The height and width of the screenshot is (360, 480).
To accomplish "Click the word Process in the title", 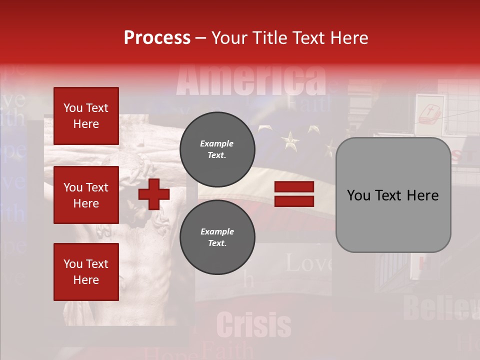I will pyautogui.click(x=157, y=37).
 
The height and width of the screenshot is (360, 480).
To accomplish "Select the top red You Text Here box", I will pyautogui.click(x=86, y=116).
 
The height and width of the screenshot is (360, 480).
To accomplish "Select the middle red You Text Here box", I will pyautogui.click(x=86, y=195).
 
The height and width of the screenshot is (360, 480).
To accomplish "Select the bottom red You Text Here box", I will pyautogui.click(x=86, y=271).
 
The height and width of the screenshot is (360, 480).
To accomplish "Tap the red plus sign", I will pyautogui.click(x=154, y=194).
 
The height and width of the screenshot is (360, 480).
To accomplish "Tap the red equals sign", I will pyautogui.click(x=294, y=194).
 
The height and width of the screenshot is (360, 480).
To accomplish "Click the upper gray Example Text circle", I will pyautogui.click(x=217, y=149).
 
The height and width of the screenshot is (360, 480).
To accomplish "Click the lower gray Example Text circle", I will pyautogui.click(x=217, y=237).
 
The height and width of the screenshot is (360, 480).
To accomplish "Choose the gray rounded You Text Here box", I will pyautogui.click(x=393, y=195).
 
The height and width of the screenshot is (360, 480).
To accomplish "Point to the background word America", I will pyautogui.click(x=251, y=80).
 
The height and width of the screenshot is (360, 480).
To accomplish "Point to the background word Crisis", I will pyautogui.click(x=254, y=325).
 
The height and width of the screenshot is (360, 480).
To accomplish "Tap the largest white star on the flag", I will pyautogui.click(x=290, y=141).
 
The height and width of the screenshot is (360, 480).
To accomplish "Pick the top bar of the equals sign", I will pyautogui.click(x=294, y=187).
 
